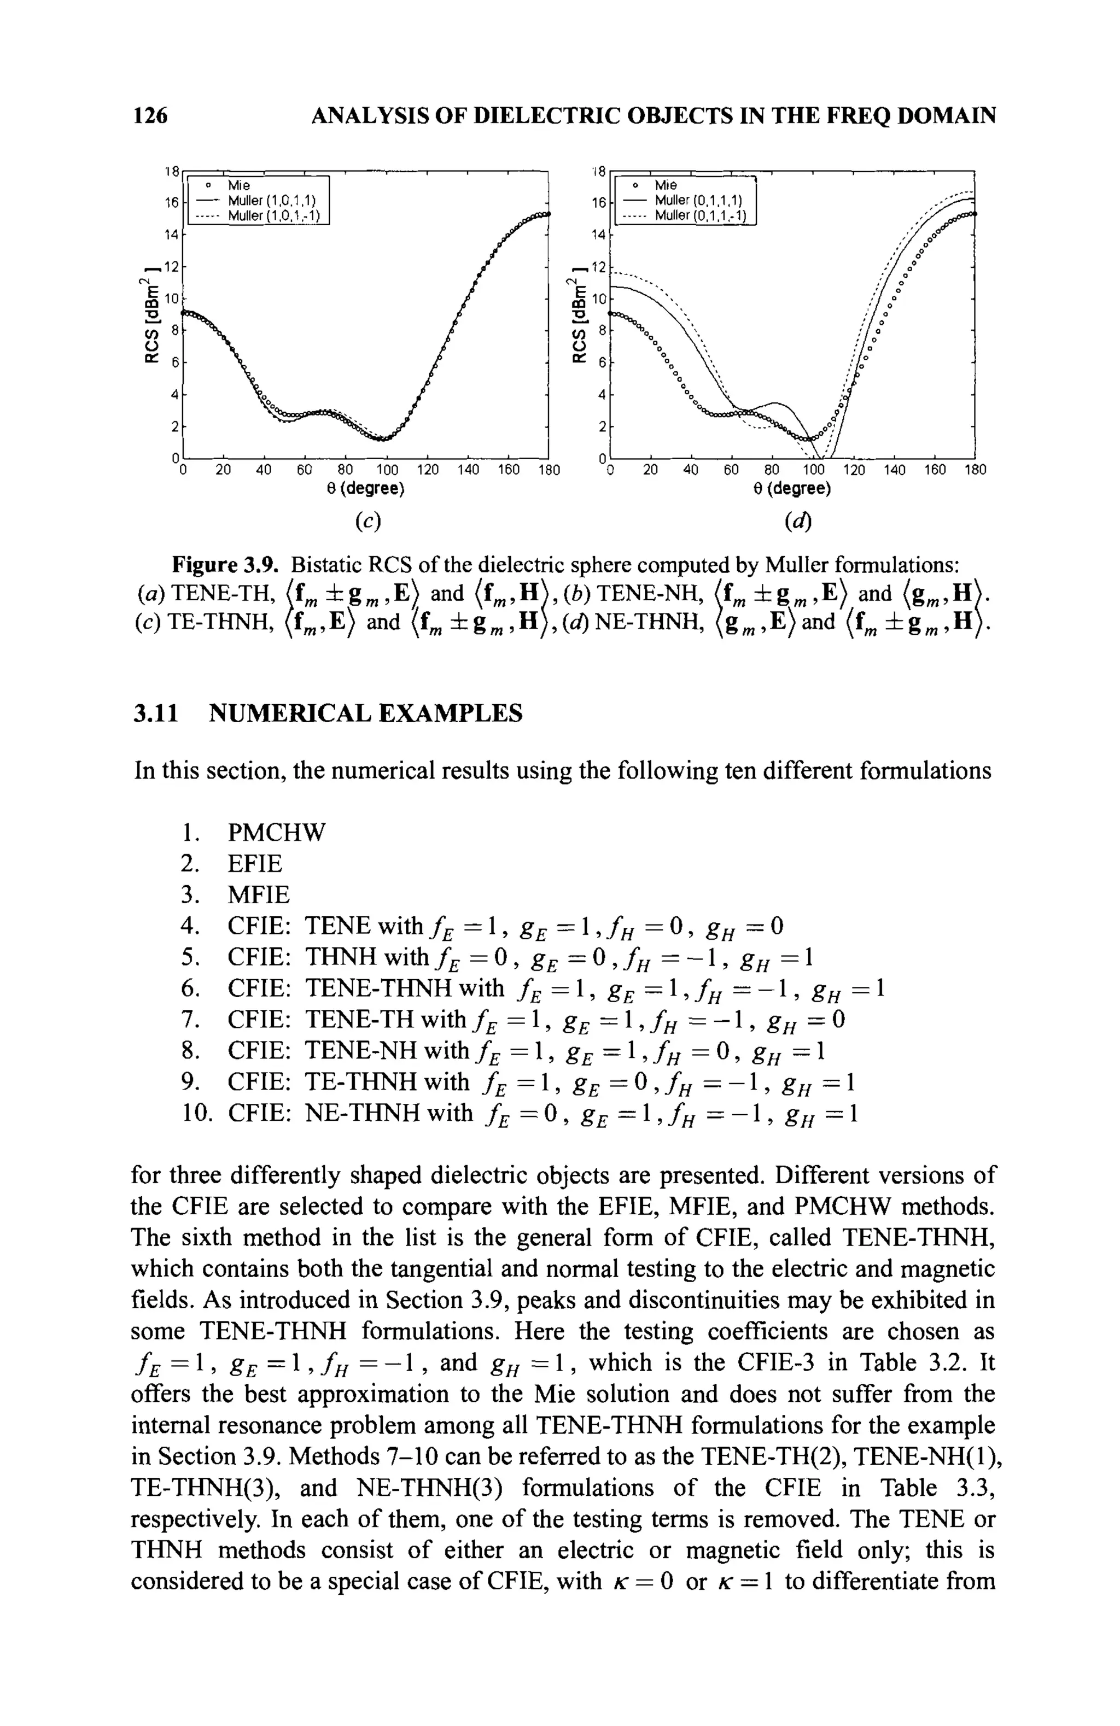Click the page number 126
151,115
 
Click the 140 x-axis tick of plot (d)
894,470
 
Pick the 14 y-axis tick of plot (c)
171,235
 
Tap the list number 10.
197,1111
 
